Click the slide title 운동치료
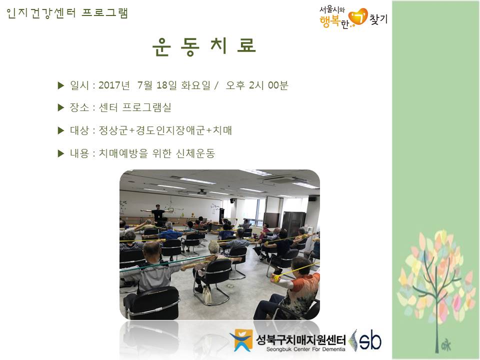pyautogui.click(x=204, y=46)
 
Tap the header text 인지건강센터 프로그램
pyautogui.click(x=67, y=13)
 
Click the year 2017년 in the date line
pyautogui.click(x=114, y=85)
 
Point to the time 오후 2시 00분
pyautogui.click(x=257, y=85)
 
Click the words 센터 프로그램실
pyautogui.click(x=134, y=107)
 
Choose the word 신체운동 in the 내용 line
pyautogui.click(x=195, y=153)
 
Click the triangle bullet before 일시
pyautogui.click(x=61, y=85)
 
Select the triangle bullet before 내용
pyautogui.click(x=61, y=153)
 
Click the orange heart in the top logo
pyautogui.click(x=358, y=16)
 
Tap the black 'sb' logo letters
pyautogui.click(x=370, y=340)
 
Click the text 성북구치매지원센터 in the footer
pyautogui.click(x=300, y=339)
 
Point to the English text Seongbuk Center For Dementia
pyautogui.click(x=305, y=349)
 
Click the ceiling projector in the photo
pyautogui.click(x=201, y=192)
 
